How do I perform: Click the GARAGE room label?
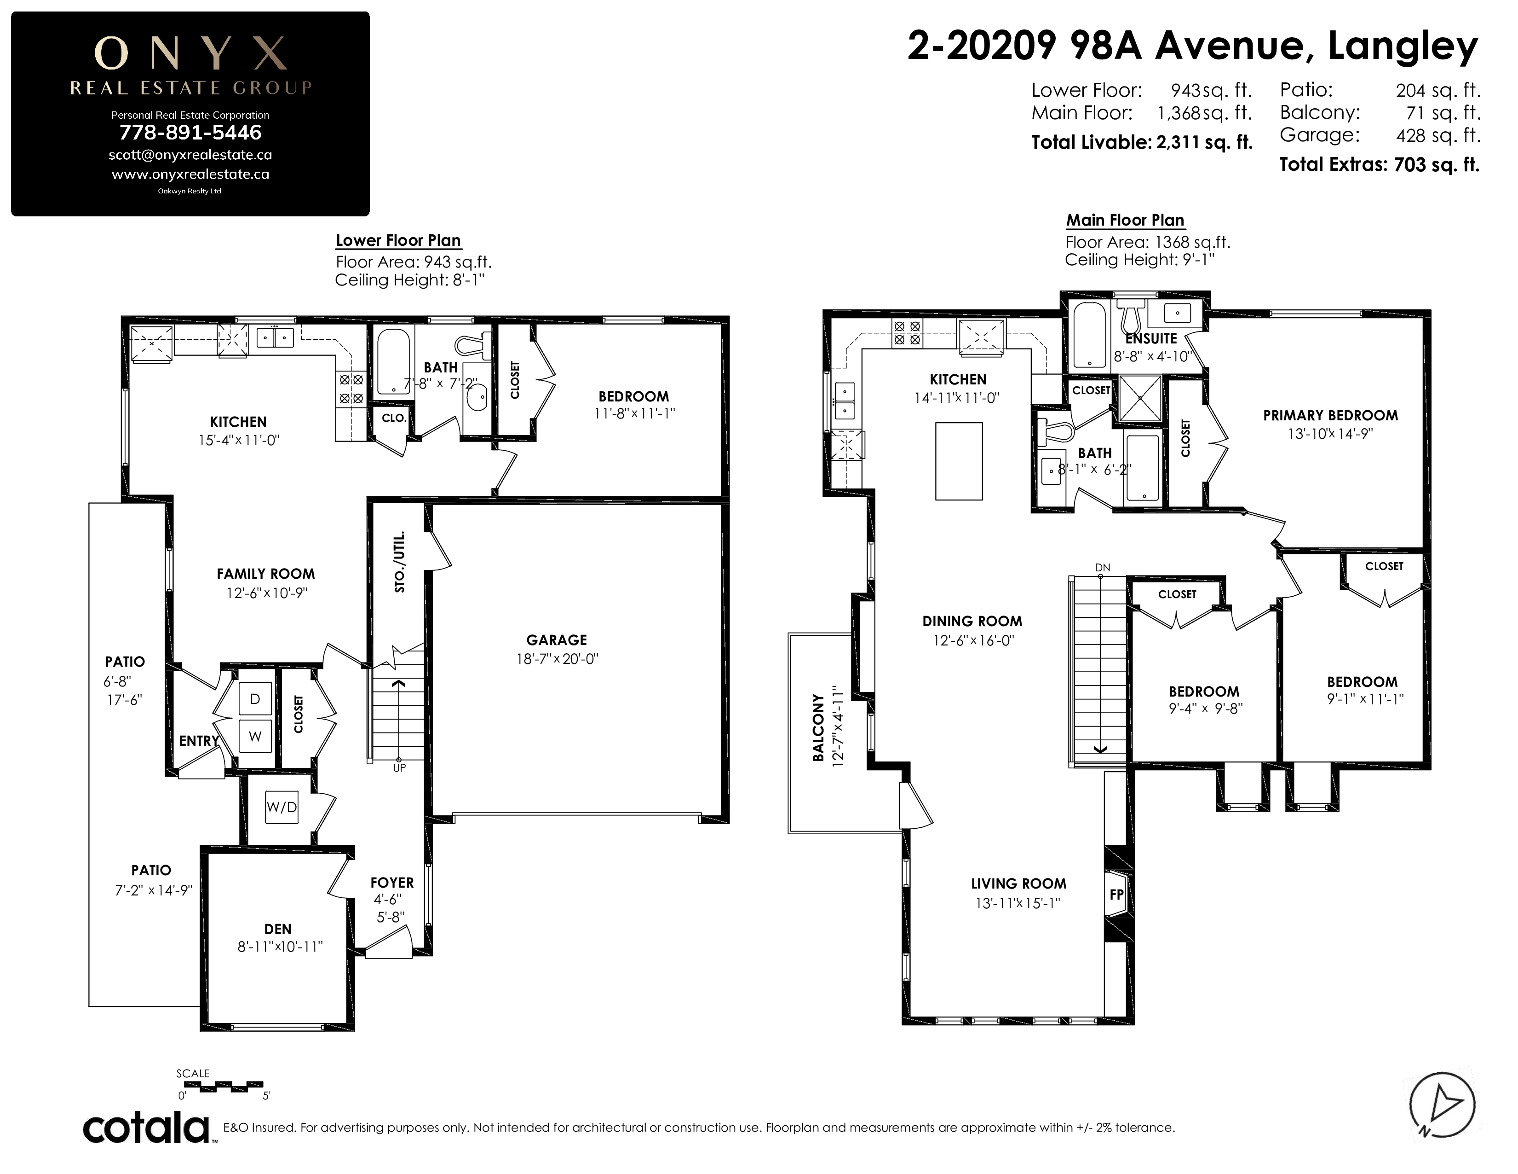click(x=556, y=640)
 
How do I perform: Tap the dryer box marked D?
click(x=255, y=699)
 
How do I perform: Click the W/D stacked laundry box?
click(x=282, y=808)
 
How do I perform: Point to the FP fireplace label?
click(x=1116, y=895)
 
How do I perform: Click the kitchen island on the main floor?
click(x=959, y=461)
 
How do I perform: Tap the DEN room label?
click(x=277, y=929)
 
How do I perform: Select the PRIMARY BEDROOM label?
click(x=1330, y=415)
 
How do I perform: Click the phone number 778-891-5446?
click(x=190, y=132)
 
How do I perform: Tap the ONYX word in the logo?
click(x=190, y=53)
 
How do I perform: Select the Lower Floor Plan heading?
click(x=398, y=241)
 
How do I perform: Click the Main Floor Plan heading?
click(x=1125, y=221)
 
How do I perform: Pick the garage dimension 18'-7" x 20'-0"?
click(x=557, y=659)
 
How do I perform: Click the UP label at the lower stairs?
click(x=399, y=768)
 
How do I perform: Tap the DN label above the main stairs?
click(x=1102, y=568)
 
